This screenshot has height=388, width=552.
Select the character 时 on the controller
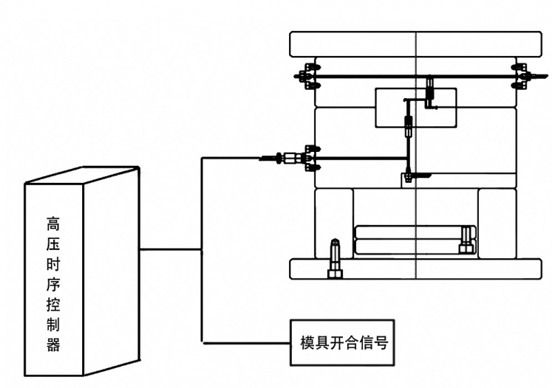[54, 264]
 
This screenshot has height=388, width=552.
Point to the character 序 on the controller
[54, 284]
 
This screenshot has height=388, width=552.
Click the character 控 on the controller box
[54, 305]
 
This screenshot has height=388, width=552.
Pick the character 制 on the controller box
[54, 325]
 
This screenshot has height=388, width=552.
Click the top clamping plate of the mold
[416, 44]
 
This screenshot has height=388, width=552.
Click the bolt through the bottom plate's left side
[335, 258]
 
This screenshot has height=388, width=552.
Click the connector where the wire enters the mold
[293, 159]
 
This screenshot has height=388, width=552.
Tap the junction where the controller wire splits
[201, 249]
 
